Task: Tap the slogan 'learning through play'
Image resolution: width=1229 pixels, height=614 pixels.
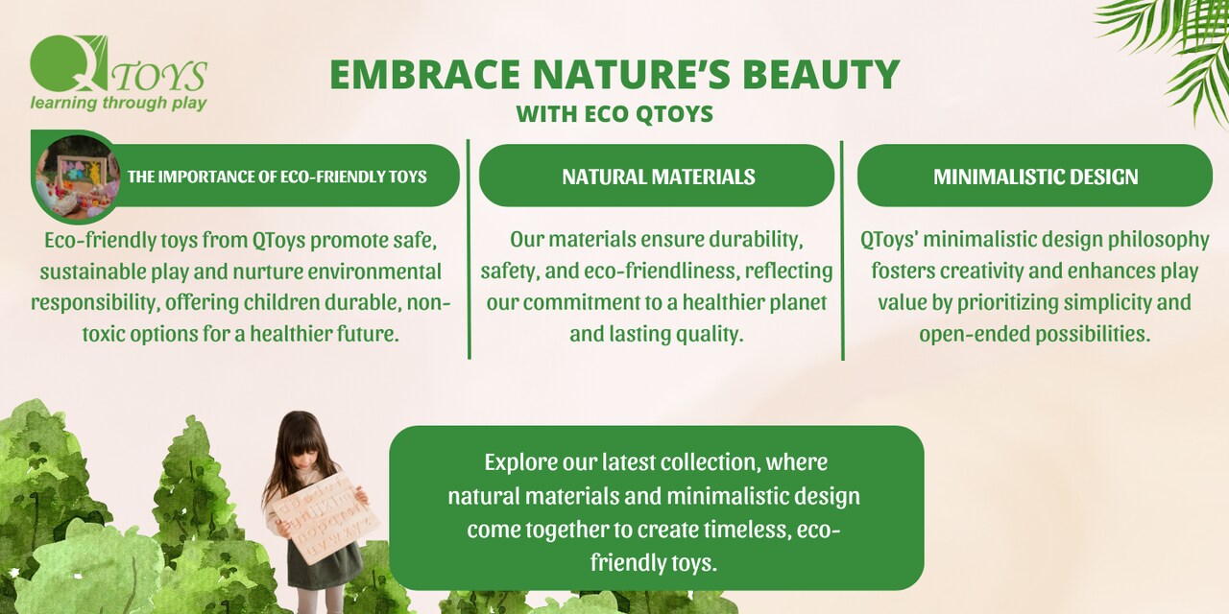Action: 118,103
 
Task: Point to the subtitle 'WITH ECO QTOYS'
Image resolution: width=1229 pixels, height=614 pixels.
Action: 614,114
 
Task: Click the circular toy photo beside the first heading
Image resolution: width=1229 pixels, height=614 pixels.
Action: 76,177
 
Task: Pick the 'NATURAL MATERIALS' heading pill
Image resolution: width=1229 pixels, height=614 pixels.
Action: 658,177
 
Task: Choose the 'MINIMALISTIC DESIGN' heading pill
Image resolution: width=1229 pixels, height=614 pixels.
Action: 1035,177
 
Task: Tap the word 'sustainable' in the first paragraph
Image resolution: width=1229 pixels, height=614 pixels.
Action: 84,272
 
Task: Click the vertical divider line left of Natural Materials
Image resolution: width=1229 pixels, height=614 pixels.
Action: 469,249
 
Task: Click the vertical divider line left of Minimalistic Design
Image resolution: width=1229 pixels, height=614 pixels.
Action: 842,249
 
